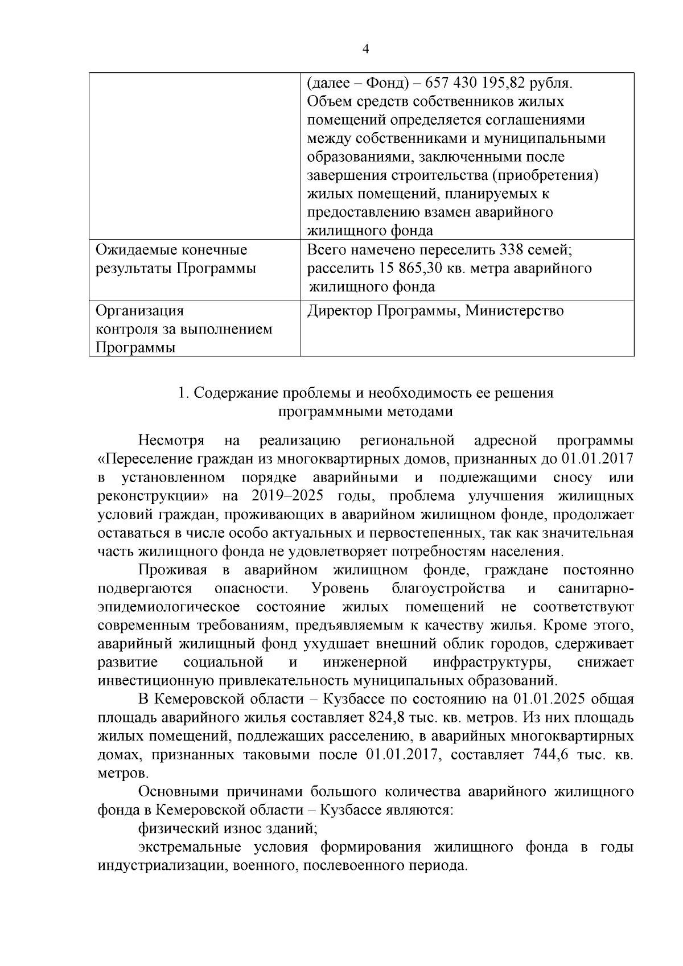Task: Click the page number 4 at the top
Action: click(x=365, y=50)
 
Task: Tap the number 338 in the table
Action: click(x=512, y=250)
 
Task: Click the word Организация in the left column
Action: click(x=140, y=311)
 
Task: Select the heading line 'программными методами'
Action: click(x=365, y=412)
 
